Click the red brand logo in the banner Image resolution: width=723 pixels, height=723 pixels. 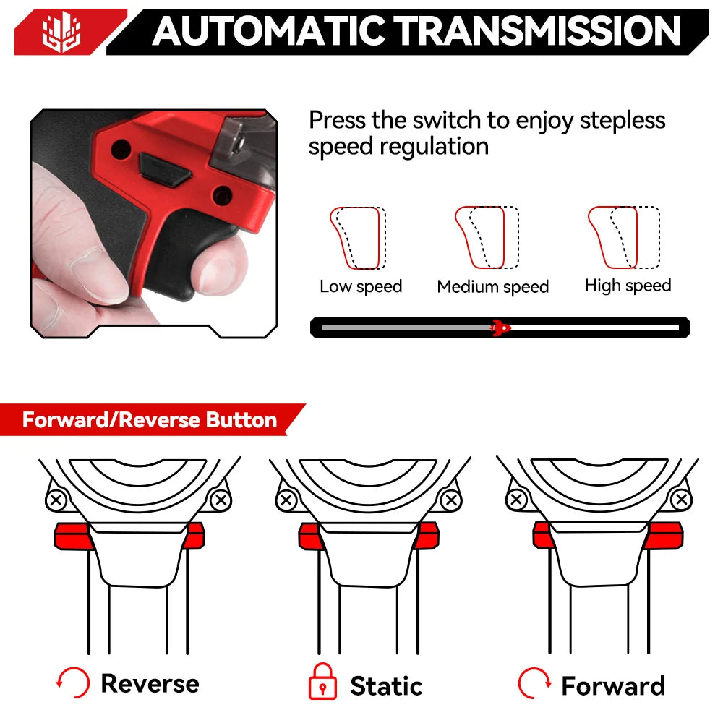pos(61,32)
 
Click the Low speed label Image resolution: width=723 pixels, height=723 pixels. pos(361,286)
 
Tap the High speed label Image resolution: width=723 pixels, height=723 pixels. pos(628,286)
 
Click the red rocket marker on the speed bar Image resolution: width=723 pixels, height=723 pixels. pos(499,328)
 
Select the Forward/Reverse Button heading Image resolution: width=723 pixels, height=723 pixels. pos(150,420)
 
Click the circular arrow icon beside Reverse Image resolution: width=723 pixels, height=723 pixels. pos(73,683)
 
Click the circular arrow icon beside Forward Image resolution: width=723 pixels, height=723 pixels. pos(535,683)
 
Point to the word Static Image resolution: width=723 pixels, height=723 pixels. pos(386,685)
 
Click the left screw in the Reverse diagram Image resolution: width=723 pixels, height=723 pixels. pos(56,500)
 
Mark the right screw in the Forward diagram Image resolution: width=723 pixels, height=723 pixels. pos(680,499)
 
